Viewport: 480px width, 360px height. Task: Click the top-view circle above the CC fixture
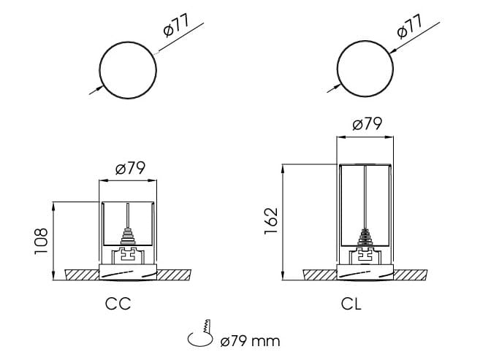coord(129,70)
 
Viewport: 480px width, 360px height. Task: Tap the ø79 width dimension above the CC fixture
coord(130,169)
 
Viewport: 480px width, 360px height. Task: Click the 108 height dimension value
coord(41,240)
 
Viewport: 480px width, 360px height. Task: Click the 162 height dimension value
coord(271,221)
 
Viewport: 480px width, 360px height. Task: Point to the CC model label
coord(118,304)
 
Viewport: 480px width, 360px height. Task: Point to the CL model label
coord(351,304)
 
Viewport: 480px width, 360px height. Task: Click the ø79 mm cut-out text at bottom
coord(249,340)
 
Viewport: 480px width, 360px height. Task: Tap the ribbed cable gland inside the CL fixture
coord(365,239)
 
